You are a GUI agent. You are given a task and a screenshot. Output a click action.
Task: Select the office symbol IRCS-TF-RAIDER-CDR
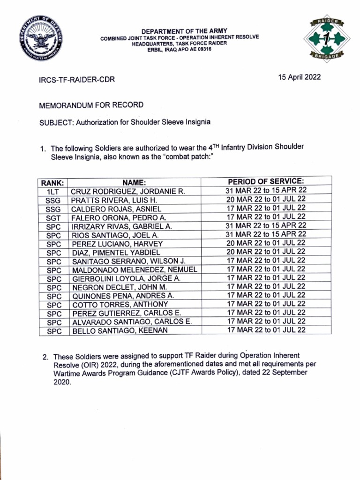pos(76,80)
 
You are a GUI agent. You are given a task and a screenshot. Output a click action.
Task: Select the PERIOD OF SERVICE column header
pos(266,181)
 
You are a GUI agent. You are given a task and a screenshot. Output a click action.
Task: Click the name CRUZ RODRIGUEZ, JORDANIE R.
pos(128,191)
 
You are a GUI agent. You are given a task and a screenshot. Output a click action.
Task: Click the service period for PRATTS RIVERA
pos(266,199)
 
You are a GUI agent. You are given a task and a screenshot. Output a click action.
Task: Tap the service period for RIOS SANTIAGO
pos(266,234)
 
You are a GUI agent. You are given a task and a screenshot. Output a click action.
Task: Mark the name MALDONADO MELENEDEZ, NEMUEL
pos(135,270)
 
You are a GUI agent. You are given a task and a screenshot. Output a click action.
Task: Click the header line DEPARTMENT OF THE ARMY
pos(178,31)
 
